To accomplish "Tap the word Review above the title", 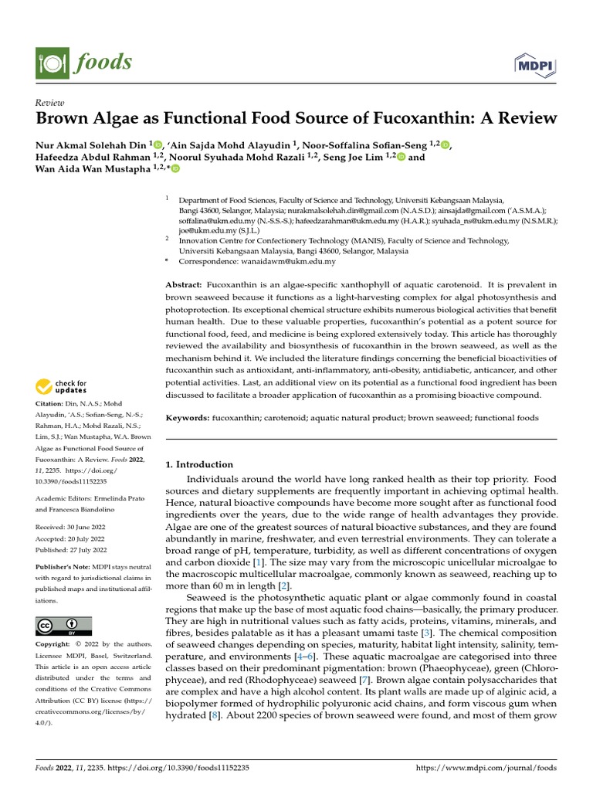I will click(x=50, y=103).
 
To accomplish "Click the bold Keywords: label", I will click(x=188, y=418).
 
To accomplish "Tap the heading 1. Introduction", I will click(x=200, y=465).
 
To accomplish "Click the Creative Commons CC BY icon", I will click(x=63, y=626).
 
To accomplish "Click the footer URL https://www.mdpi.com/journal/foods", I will click(x=486, y=769).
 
